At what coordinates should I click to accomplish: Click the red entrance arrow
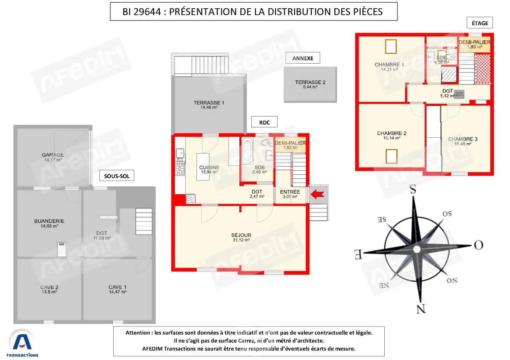(x=317, y=195)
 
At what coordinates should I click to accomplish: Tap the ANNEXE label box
(x=303, y=58)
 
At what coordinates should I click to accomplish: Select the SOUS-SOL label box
(x=117, y=176)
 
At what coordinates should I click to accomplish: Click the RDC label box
(x=264, y=122)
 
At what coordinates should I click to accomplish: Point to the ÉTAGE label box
(x=480, y=23)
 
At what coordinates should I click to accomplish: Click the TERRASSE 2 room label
(x=310, y=82)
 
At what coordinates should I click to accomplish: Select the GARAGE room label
(x=53, y=155)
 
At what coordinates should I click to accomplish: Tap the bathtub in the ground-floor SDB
(x=247, y=151)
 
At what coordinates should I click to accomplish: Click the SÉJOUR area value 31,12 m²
(x=241, y=240)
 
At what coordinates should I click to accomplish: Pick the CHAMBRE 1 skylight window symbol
(x=391, y=46)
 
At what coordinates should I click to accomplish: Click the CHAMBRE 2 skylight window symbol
(x=392, y=156)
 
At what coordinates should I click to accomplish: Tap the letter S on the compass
(x=413, y=189)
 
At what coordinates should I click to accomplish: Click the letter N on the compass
(x=421, y=309)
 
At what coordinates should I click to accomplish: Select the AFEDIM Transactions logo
(x=22, y=344)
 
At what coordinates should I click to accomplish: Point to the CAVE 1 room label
(x=117, y=287)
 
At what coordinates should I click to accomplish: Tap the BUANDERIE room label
(x=49, y=221)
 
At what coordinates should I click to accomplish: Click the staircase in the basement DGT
(x=144, y=221)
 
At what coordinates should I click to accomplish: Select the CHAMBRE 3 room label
(x=463, y=139)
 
